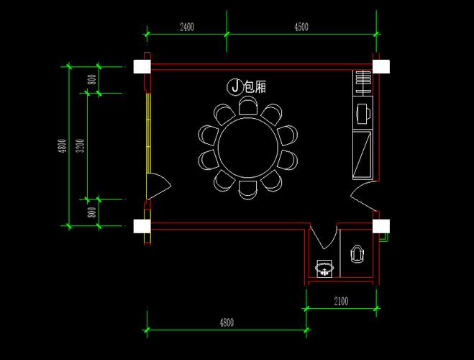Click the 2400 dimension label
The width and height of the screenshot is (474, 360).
tap(187, 27)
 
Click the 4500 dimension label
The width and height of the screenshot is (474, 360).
tap(301, 27)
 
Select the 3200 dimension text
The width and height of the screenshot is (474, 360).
tap(80, 145)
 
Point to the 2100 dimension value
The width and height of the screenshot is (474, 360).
tap(341, 301)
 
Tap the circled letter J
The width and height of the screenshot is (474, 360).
tap(235, 86)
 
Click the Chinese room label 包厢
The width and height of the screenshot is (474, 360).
tap(255, 87)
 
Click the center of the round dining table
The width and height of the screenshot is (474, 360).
tap(248, 148)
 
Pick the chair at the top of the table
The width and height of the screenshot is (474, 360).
tap(248, 106)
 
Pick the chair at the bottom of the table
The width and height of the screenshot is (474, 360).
tap(248, 190)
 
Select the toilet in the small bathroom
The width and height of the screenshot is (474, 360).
tap(357, 253)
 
